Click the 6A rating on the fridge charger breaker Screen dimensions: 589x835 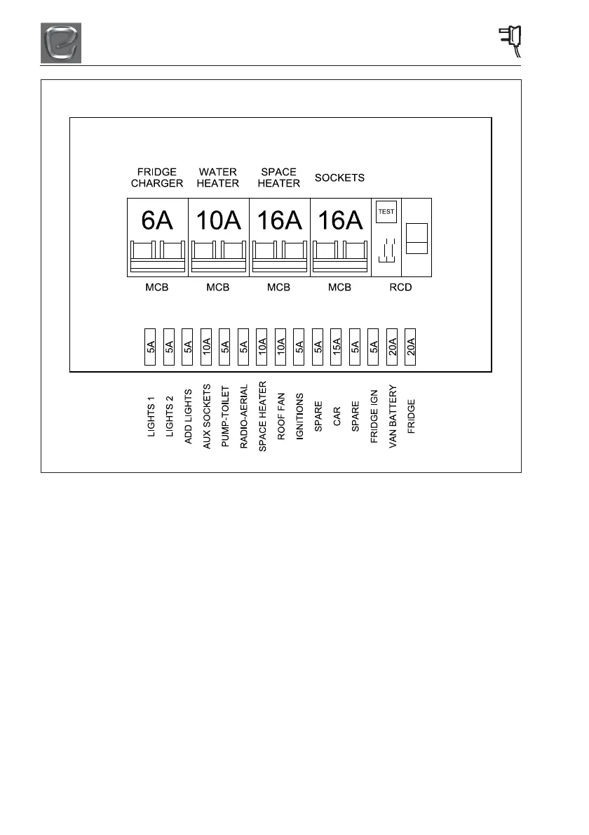(x=157, y=220)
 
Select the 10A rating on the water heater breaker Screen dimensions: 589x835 (x=218, y=220)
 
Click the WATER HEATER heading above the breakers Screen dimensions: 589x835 (x=218, y=178)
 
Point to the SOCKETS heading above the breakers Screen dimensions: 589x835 (x=339, y=178)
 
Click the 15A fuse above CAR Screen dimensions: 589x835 (x=336, y=346)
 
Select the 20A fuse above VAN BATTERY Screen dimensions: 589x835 (x=393, y=346)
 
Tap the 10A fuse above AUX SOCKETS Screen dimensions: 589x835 (x=206, y=346)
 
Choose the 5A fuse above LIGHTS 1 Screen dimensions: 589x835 (x=150, y=346)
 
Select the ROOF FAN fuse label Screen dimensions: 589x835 (x=280, y=420)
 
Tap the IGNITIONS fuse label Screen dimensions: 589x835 (x=299, y=418)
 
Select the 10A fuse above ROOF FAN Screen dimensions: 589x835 (x=280, y=346)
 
